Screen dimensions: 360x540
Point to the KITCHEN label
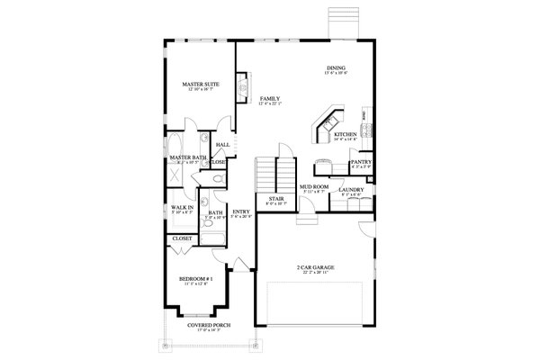click(346, 134)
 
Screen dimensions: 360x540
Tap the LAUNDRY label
click(351, 190)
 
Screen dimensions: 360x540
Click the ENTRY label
click(240, 212)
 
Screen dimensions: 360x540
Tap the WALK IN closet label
click(182, 207)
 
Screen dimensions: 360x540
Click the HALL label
click(221, 144)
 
